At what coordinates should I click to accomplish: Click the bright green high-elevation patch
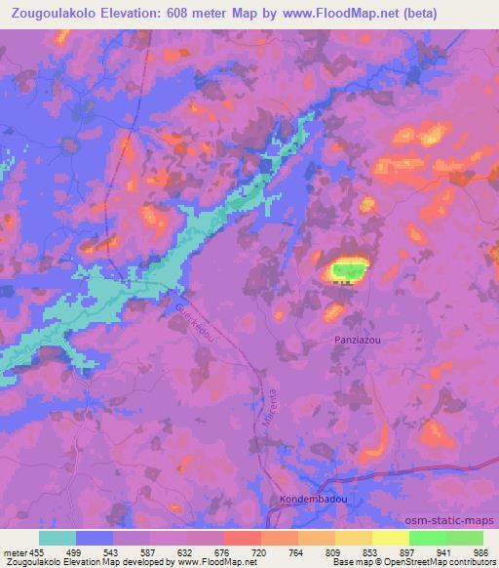coord(347,269)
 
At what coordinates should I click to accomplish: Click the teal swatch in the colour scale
coord(58,537)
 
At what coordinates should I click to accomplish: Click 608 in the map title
coord(220,13)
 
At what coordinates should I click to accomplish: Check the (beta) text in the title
coord(470,13)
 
